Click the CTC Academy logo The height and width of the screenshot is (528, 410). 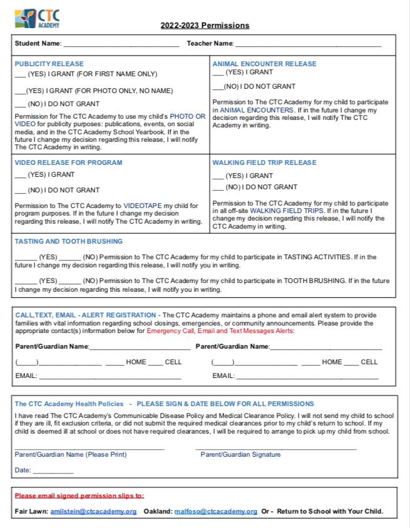click(x=37, y=18)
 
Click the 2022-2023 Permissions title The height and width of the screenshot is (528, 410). click(x=205, y=26)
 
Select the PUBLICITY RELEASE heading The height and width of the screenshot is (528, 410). click(x=49, y=64)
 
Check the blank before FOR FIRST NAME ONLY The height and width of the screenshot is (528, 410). click(x=20, y=75)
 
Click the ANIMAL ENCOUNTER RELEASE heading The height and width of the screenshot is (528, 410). click(x=264, y=64)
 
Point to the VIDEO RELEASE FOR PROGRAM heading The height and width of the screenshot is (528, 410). click(x=68, y=162)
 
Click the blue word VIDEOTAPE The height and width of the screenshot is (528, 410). click(x=143, y=206)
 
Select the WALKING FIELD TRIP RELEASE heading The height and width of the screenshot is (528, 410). click(x=264, y=162)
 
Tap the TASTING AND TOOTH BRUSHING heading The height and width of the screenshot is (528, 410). click(x=69, y=241)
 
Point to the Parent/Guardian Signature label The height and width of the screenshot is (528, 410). click(x=240, y=454)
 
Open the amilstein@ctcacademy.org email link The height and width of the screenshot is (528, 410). click(x=93, y=511)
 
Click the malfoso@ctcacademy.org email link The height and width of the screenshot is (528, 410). click(x=216, y=511)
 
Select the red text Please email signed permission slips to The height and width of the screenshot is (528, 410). click(x=79, y=496)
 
